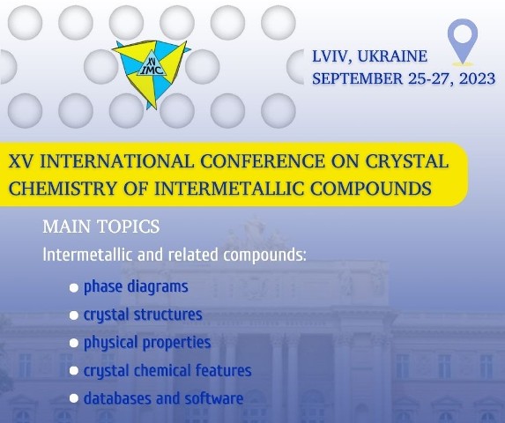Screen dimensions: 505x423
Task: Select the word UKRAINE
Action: click(392, 56)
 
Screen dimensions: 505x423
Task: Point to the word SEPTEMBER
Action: click(358, 78)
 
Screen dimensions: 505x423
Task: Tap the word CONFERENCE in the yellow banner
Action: click(263, 161)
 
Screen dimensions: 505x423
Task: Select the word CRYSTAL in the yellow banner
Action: click(406, 161)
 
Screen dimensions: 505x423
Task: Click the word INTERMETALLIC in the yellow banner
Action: click(229, 189)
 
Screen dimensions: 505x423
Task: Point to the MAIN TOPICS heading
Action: click(101, 226)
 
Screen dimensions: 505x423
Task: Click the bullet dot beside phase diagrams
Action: click(74, 288)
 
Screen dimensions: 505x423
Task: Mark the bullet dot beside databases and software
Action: click(74, 398)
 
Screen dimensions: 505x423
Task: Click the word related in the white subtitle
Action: click(193, 255)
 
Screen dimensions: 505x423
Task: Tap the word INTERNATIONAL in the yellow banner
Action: click(116, 161)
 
